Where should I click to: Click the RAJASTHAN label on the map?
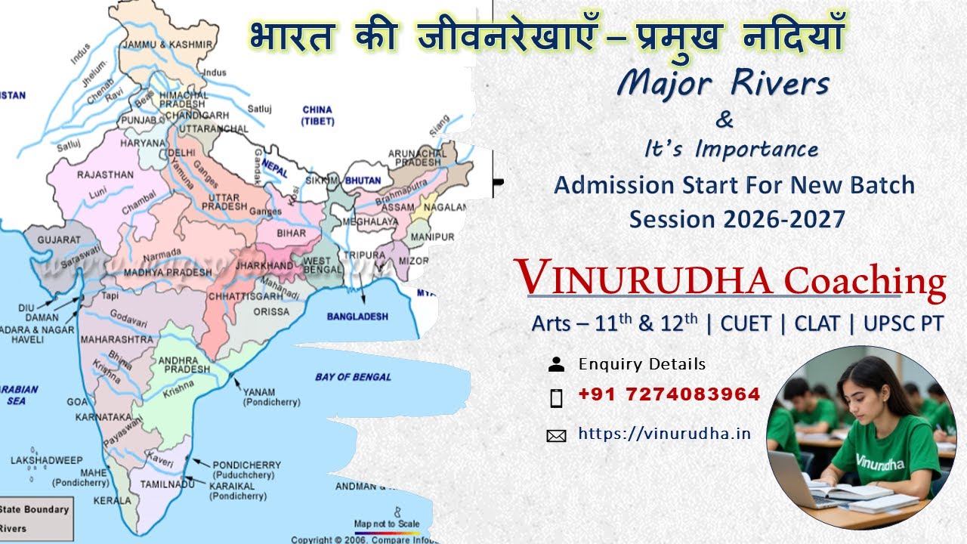pos(105,175)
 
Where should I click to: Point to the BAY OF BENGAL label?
pos(353,376)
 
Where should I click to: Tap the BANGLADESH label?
pos(357,317)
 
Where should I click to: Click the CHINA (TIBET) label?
pos(317,115)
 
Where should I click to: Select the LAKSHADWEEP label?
pos(46,459)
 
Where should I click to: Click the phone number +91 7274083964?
pos(669,394)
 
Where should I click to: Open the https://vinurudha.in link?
pos(665,433)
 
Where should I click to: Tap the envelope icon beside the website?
pos(556,435)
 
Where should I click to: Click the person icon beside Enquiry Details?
pos(556,364)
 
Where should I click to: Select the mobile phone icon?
pos(556,397)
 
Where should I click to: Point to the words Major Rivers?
pos(722,84)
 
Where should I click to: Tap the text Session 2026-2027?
pos(737,219)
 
